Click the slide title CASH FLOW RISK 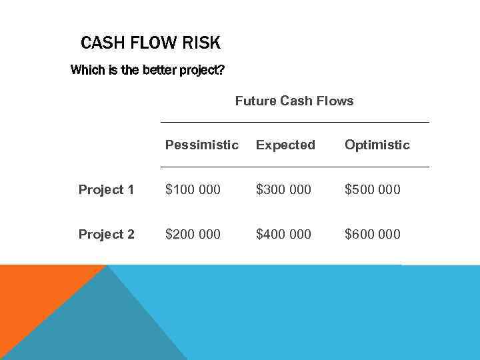pyautogui.click(x=150, y=43)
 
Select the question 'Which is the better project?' pyautogui.click(x=147, y=70)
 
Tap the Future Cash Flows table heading pyautogui.click(x=294, y=101)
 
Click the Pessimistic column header pyautogui.click(x=201, y=145)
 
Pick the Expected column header pyautogui.click(x=285, y=145)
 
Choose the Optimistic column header pyautogui.click(x=377, y=145)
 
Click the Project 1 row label pyautogui.click(x=106, y=190)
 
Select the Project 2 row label pyautogui.click(x=106, y=234)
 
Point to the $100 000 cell pyautogui.click(x=193, y=189)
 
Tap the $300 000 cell pyautogui.click(x=283, y=189)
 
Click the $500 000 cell pyautogui.click(x=372, y=189)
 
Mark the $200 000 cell pyautogui.click(x=193, y=234)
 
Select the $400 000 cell pyautogui.click(x=283, y=234)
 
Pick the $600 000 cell pyautogui.click(x=372, y=234)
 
